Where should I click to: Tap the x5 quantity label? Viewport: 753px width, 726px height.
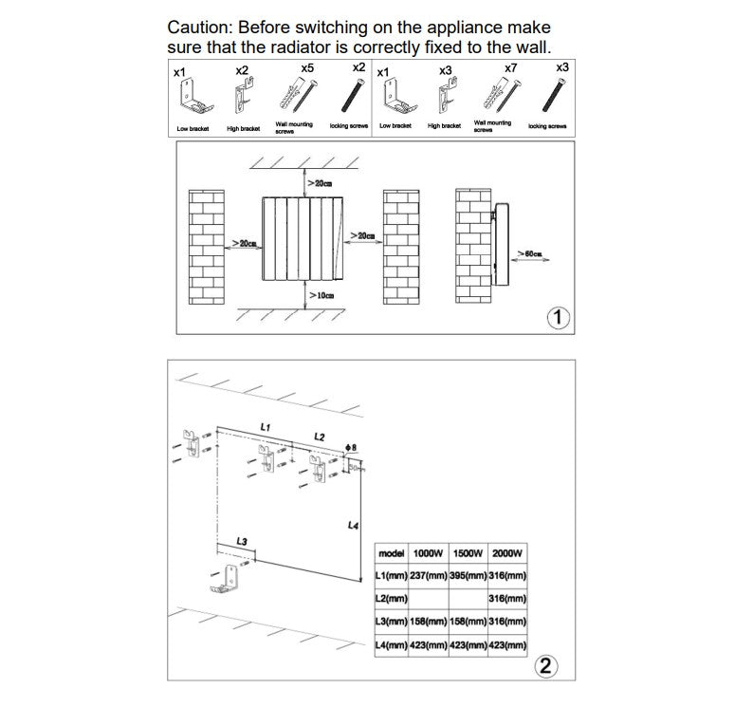point(306,68)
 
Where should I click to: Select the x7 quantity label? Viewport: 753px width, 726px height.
point(510,68)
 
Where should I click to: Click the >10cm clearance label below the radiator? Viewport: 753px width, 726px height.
point(321,296)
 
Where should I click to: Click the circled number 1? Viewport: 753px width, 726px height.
point(559,317)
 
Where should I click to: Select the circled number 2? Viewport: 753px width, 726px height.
point(545,664)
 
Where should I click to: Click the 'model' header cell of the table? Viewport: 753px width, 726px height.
point(392,553)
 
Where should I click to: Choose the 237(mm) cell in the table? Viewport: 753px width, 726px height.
point(429,576)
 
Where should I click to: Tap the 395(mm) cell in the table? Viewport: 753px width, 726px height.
point(468,576)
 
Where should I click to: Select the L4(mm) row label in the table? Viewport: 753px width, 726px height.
point(392,645)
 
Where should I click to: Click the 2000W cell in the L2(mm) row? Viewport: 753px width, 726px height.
point(507,599)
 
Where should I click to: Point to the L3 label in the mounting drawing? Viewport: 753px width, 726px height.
point(242,541)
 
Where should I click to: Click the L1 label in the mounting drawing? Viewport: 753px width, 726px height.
point(266,428)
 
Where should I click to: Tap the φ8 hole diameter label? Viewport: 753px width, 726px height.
point(351,447)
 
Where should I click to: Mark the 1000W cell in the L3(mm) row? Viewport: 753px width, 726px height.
point(429,622)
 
